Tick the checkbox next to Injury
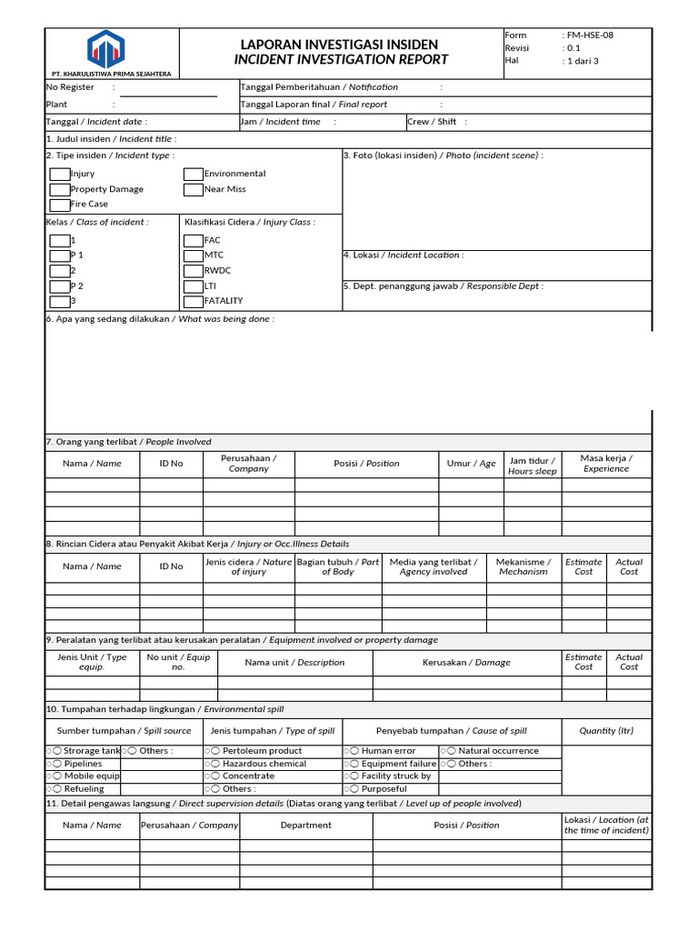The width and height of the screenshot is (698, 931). [x=59, y=174]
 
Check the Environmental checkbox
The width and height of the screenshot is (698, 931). [x=193, y=174]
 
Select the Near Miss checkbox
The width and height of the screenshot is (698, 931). [x=193, y=189]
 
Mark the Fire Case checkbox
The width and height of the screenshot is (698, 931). [x=59, y=205]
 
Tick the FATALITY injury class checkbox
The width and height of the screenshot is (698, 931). [x=193, y=301]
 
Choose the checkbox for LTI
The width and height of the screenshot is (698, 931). [x=193, y=285]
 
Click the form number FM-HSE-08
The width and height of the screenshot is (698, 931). [x=592, y=35]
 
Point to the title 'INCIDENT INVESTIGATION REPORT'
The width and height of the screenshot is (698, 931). [x=341, y=60]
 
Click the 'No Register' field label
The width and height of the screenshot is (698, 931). [x=70, y=87]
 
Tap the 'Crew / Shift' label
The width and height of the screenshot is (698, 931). [x=433, y=122]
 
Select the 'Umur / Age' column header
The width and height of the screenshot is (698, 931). [x=472, y=464]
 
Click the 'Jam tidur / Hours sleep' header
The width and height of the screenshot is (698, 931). [x=533, y=466]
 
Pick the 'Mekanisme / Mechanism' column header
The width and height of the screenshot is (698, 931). [x=523, y=567]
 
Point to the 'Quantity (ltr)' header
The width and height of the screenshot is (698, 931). [x=606, y=731]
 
